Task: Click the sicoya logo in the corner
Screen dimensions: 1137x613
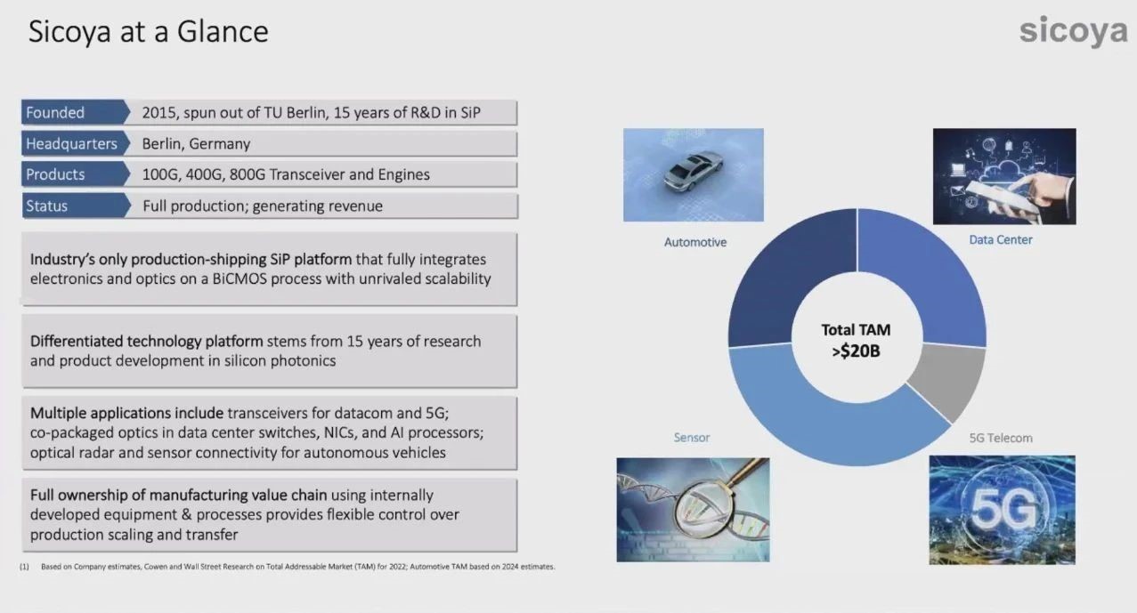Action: pos(1073,30)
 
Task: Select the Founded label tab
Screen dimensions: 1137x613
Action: pos(75,112)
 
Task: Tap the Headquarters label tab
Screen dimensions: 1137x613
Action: pos(75,143)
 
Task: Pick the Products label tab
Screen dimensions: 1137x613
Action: pos(75,174)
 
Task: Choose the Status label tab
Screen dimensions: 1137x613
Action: pos(75,206)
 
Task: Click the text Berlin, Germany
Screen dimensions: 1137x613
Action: pos(196,144)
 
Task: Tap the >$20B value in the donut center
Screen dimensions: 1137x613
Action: pos(856,351)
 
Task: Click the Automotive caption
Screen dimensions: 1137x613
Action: pos(694,242)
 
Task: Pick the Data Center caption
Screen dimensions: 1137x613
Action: pos(1001,240)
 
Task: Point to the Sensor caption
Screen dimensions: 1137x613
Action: pos(691,438)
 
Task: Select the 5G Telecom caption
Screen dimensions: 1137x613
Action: pos(1001,438)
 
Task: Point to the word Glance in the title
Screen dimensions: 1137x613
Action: pos(223,31)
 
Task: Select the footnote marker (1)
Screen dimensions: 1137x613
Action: pos(24,567)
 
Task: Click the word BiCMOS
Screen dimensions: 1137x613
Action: pos(241,278)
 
